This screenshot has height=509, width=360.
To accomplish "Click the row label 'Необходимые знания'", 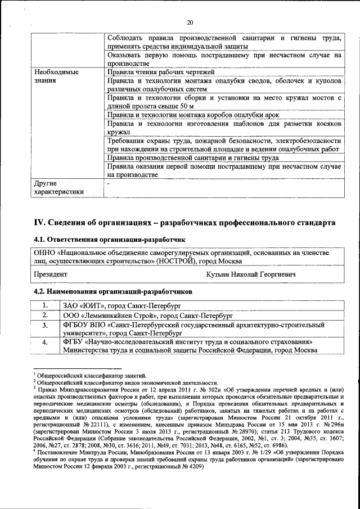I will point(56,76).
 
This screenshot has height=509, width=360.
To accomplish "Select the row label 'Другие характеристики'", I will point(58,187).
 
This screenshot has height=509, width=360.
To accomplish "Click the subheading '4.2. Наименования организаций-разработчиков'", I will point(113,292).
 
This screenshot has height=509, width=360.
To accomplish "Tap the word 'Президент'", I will point(51,274).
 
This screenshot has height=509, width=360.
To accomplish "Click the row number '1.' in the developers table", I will point(44,305).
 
